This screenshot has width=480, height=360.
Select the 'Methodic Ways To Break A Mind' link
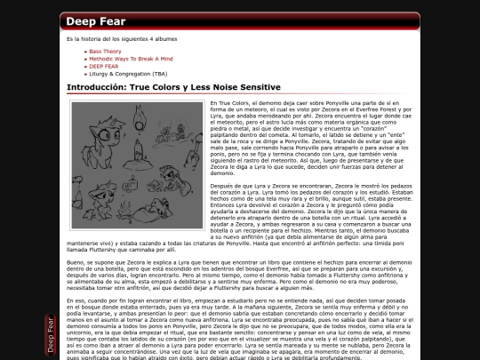coord(125,59)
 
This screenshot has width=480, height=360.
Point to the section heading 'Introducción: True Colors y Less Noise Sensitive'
coord(173,87)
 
